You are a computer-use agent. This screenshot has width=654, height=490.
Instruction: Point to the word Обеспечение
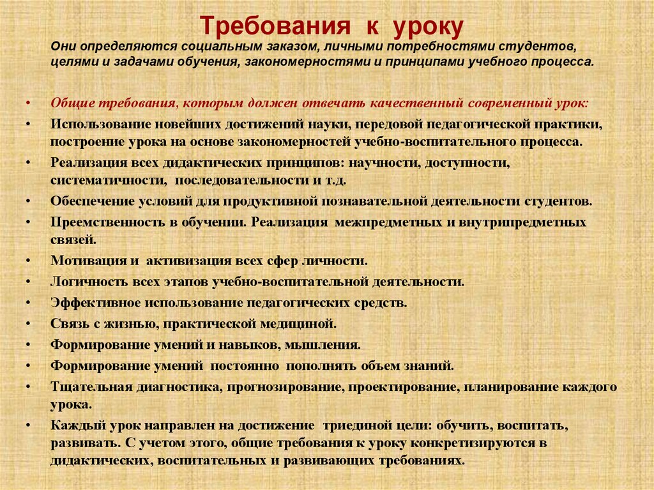93,201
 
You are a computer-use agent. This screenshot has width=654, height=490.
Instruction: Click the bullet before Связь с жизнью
29,323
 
